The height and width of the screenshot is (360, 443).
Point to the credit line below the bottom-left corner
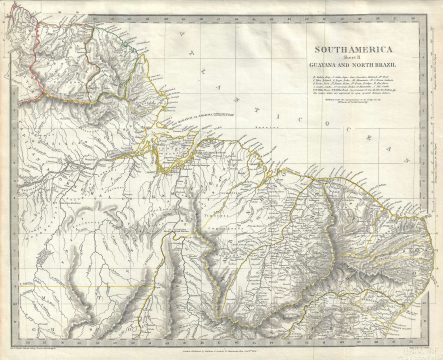coord(40,340)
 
